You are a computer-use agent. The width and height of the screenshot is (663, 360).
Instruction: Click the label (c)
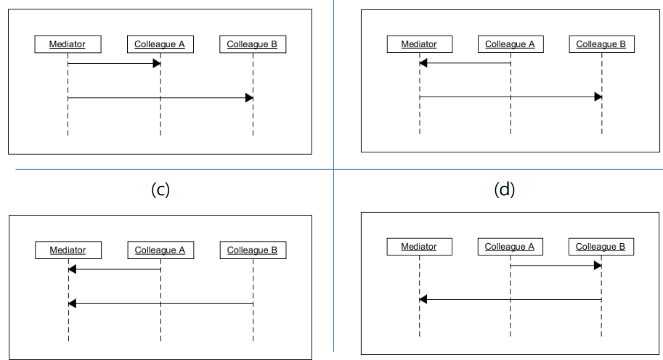pyautogui.click(x=159, y=190)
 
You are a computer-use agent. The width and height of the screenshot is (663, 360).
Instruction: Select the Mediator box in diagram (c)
pyautogui.click(x=68, y=250)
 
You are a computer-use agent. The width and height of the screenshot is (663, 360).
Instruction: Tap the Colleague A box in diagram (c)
pyautogui.click(x=160, y=250)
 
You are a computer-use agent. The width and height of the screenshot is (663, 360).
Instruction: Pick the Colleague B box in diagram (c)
pyautogui.click(x=252, y=250)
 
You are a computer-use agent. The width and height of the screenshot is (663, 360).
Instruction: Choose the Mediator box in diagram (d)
pyautogui.click(x=419, y=247)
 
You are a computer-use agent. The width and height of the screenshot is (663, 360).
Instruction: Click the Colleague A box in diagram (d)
pyautogui.click(x=510, y=247)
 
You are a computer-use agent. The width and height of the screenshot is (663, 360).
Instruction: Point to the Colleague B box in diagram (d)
pyautogui.click(x=601, y=247)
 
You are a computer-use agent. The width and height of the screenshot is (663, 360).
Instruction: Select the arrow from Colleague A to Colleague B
pyautogui.click(x=556, y=266)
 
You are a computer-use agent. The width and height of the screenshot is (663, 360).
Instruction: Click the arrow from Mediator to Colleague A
pyautogui.click(x=113, y=64)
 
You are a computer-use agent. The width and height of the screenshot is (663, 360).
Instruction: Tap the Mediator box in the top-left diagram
pyautogui.click(x=68, y=44)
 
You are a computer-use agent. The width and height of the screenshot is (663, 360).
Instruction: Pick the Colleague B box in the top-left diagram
pyautogui.click(x=252, y=44)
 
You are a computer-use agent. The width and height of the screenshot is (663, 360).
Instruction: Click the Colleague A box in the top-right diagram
pyautogui.click(x=510, y=44)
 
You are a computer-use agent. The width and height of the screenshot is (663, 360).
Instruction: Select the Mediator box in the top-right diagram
pyautogui.click(x=419, y=44)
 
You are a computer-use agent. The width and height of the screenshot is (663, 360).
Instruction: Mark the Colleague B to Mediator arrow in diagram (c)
pyautogui.click(x=160, y=303)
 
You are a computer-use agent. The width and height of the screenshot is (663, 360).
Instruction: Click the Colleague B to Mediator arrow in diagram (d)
pyautogui.click(x=510, y=299)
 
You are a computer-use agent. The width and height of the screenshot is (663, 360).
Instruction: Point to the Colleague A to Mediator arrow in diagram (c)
pyautogui.click(x=113, y=269)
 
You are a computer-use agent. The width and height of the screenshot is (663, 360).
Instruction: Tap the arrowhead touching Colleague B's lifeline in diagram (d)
pyautogui.click(x=597, y=266)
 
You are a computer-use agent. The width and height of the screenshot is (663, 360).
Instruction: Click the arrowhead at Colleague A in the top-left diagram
pyautogui.click(x=155, y=64)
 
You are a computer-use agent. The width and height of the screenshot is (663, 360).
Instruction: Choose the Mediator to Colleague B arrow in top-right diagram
pyautogui.click(x=510, y=97)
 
